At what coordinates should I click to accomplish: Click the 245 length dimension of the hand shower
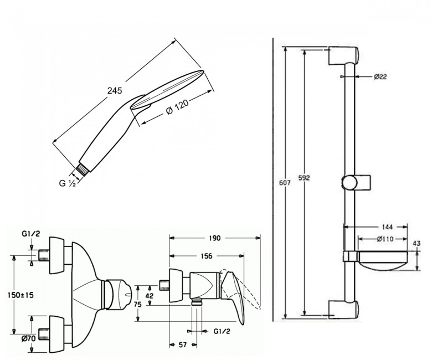115,91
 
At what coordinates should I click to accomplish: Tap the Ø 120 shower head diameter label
178,107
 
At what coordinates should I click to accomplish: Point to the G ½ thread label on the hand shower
68,183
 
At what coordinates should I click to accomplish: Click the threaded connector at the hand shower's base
82,169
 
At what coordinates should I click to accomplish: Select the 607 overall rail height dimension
285,182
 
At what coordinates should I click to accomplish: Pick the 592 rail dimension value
304,178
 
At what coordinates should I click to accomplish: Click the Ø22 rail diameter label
380,77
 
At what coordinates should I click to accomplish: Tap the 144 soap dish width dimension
387,227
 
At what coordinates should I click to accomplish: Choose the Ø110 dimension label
385,239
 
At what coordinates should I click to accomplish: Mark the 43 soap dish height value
417,244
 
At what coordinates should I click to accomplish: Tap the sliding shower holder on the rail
356,182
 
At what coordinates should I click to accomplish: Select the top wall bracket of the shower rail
343,56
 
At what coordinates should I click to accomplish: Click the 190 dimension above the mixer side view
215,238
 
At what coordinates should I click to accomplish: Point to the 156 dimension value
207,256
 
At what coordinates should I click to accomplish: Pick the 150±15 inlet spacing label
21,295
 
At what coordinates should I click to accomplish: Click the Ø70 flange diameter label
29,338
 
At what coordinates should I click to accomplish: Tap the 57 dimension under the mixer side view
183,345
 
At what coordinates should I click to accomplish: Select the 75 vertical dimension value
138,305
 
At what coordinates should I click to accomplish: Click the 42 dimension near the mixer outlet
150,296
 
